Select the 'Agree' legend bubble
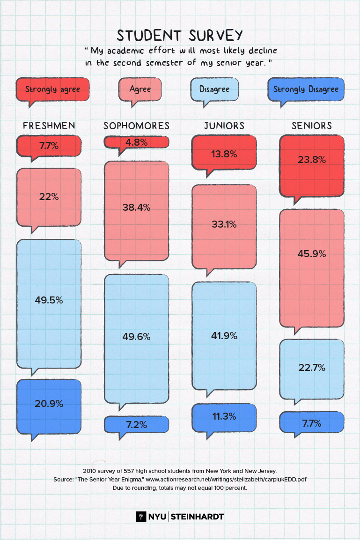tap(140, 89)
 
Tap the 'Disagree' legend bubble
tap(214, 89)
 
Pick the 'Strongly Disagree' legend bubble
tap(306, 89)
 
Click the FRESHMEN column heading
tap(49, 126)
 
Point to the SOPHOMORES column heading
tap(136, 126)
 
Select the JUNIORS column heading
tap(224, 126)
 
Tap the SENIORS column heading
tap(311, 126)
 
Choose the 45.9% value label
tap(312, 254)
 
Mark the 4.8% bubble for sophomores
tap(136, 141)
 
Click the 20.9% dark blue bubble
tap(49, 404)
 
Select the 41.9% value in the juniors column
tap(224, 336)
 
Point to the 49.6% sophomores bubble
tap(136, 336)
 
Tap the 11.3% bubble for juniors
tap(224, 416)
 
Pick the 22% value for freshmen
tap(49, 197)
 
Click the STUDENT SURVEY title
tap(180, 36)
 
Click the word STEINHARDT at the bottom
tap(197, 517)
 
